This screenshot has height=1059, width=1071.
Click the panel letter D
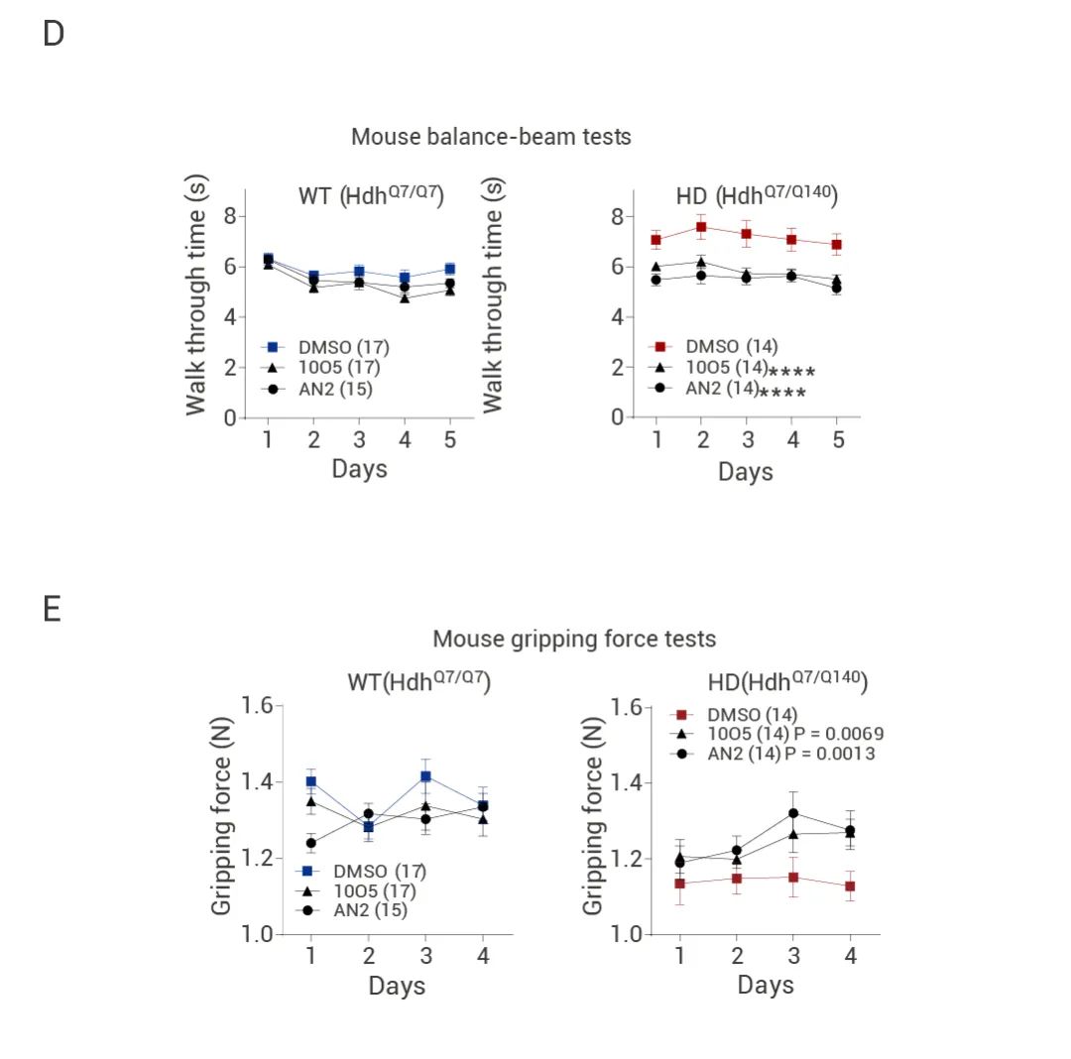coord(54,34)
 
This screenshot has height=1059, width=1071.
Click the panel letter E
coord(53,608)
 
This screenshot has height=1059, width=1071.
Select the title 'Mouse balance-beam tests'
coord(491,137)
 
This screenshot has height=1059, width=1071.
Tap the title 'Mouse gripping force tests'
coord(574,639)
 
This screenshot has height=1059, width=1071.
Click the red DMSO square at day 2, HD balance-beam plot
coord(701,227)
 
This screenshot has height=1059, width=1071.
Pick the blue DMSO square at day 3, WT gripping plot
coord(425,776)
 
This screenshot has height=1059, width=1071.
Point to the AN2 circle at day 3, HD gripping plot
coord(792,813)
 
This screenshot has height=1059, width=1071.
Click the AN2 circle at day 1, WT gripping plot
coord(310,844)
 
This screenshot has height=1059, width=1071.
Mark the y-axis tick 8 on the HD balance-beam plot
coord(617,216)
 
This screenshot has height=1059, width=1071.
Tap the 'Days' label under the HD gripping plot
coord(766,986)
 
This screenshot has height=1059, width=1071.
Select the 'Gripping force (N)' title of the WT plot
coord(223,819)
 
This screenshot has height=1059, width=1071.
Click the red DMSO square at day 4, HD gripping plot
coord(850,886)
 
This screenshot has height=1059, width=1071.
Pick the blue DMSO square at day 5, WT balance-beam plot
coord(450,269)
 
